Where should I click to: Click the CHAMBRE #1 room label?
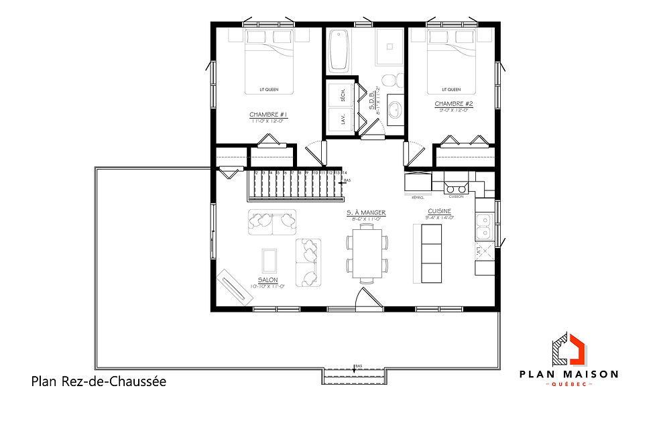pyautogui.click(x=264, y=115)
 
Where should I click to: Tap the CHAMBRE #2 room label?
pyautogui.click(x=454, y=104)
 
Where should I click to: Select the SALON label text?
pyautogui.click(x=267, y=280)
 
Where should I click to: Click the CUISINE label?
pyautogui.click(x=440, y=211)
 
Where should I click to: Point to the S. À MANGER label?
pyautogui.click(x=366, y=213)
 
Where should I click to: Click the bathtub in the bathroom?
pyautogui.click(x=337, y=50)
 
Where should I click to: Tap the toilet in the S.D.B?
pyautogui.click(x=390, y=81)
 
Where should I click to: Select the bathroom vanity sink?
pyautogui.click(x=395, y=109)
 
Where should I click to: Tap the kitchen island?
pyautogui.click(x=431, y=253)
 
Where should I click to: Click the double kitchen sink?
pyautogui.click(x=483, y=227)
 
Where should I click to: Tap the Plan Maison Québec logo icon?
pyautogui.click(x=569, y=349)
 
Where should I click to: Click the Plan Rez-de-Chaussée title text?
pyautogui.click(x=98, y=381)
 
